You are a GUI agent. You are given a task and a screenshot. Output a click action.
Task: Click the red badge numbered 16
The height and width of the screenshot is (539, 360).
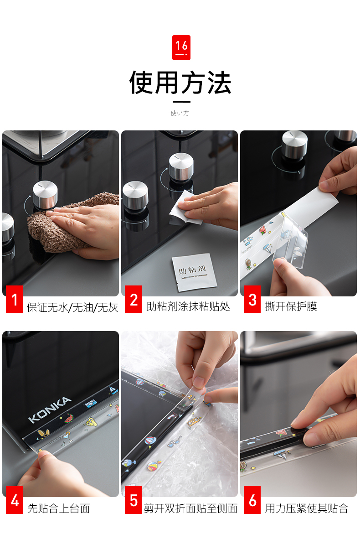coord(181,47)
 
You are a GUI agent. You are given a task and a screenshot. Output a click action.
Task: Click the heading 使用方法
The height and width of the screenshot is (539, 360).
coord(180,83)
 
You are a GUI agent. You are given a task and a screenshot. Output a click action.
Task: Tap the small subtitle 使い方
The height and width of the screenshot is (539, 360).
coord(180,113)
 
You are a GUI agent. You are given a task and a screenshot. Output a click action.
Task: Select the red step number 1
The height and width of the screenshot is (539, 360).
coord(15,299)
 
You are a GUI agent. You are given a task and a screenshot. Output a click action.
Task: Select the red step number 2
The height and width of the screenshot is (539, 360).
coord(133,299)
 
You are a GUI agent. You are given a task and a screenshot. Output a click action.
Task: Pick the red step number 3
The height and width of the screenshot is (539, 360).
coord(252,299)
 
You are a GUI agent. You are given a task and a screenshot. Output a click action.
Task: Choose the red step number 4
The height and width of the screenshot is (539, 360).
coord(15,500)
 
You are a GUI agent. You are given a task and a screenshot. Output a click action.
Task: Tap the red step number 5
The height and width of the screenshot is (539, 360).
coord(133,500)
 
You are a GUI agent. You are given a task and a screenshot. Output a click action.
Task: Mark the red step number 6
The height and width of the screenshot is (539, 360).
coord(252,500)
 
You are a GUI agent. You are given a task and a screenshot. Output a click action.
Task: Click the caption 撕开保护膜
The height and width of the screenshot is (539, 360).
coord(291,306)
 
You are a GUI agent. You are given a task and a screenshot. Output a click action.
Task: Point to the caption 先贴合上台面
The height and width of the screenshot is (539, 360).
coord(59,508)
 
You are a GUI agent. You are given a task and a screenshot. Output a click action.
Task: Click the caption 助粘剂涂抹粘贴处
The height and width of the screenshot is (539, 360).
coord(188,306)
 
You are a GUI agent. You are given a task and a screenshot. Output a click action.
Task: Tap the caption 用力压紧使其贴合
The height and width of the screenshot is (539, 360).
coord(307,508)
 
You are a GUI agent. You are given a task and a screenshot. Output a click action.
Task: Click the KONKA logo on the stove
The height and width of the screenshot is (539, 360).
coord(50,409)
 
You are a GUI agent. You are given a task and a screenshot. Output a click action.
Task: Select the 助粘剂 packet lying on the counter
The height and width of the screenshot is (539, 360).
coord(194,272)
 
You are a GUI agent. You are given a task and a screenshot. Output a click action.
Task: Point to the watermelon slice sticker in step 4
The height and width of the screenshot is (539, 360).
coord(69,419)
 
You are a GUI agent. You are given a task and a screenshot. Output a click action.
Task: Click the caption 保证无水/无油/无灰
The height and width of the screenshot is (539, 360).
coord(72,307)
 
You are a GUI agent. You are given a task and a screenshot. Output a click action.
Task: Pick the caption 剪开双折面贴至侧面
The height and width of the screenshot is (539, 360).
coord(190,508)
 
